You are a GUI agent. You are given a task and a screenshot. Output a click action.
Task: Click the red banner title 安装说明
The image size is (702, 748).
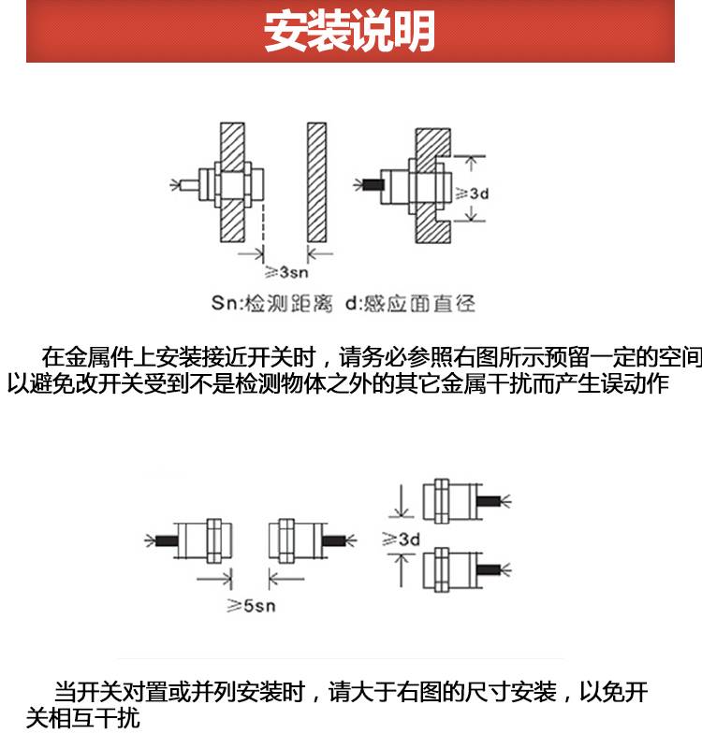coord(350,33)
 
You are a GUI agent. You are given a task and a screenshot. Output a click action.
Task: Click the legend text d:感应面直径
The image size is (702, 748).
coord(412,304)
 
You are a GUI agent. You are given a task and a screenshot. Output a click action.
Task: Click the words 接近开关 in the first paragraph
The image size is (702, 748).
coord(244,356)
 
